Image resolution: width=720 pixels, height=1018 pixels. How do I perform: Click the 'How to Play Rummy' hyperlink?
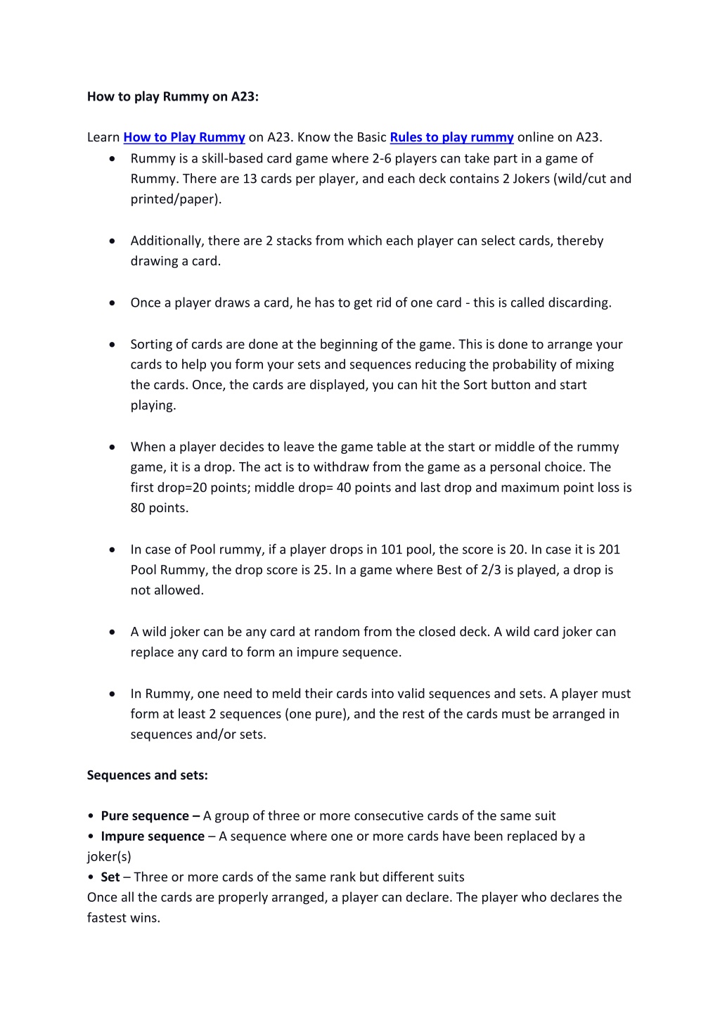click(184, 137)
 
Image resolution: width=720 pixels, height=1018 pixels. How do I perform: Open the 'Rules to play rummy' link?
click(451, 137)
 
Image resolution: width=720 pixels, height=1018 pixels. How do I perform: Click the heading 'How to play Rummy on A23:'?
click(173, 96)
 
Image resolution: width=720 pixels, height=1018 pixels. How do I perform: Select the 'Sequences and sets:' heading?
click(148, 775)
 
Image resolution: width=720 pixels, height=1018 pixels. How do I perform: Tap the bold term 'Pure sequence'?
click(145, 816)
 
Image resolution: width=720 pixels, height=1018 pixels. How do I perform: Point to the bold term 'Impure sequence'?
click(153, 836)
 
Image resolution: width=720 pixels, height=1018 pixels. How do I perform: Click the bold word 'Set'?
click(110, 877)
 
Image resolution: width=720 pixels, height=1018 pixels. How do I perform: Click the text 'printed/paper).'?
click(176, 199)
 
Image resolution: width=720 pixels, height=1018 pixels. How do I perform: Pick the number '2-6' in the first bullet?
click(381, 158)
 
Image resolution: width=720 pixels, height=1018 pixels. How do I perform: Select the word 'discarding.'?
click(577, 303)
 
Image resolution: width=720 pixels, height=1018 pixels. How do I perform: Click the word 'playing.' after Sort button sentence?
click(153, 406)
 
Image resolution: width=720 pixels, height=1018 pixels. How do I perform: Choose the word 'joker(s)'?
click(109, 857)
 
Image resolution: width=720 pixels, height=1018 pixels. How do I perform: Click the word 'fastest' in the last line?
click(104, 918)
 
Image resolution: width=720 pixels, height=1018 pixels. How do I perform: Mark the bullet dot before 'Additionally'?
click(112, 241)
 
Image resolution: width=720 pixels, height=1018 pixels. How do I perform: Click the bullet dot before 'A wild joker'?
click(112, 632)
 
